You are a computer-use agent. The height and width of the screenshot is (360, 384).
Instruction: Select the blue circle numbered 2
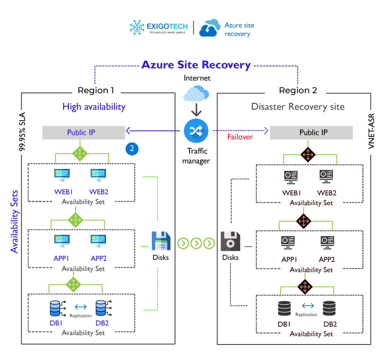(132, 149)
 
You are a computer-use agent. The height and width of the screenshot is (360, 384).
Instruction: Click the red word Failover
(240, 137)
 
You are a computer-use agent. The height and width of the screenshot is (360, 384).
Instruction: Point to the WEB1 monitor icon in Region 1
(62, 176)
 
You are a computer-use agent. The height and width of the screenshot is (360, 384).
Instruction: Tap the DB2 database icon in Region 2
(330, 309)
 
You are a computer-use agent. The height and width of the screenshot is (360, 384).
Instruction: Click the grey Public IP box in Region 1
(83, 133)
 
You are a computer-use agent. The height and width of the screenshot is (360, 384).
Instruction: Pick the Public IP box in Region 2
(311, 133)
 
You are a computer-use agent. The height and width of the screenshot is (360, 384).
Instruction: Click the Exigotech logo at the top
(159, 28)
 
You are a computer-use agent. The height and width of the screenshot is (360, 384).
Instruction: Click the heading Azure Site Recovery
(196, 65)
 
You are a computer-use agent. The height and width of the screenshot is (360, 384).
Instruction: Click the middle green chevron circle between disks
(196, 244)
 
